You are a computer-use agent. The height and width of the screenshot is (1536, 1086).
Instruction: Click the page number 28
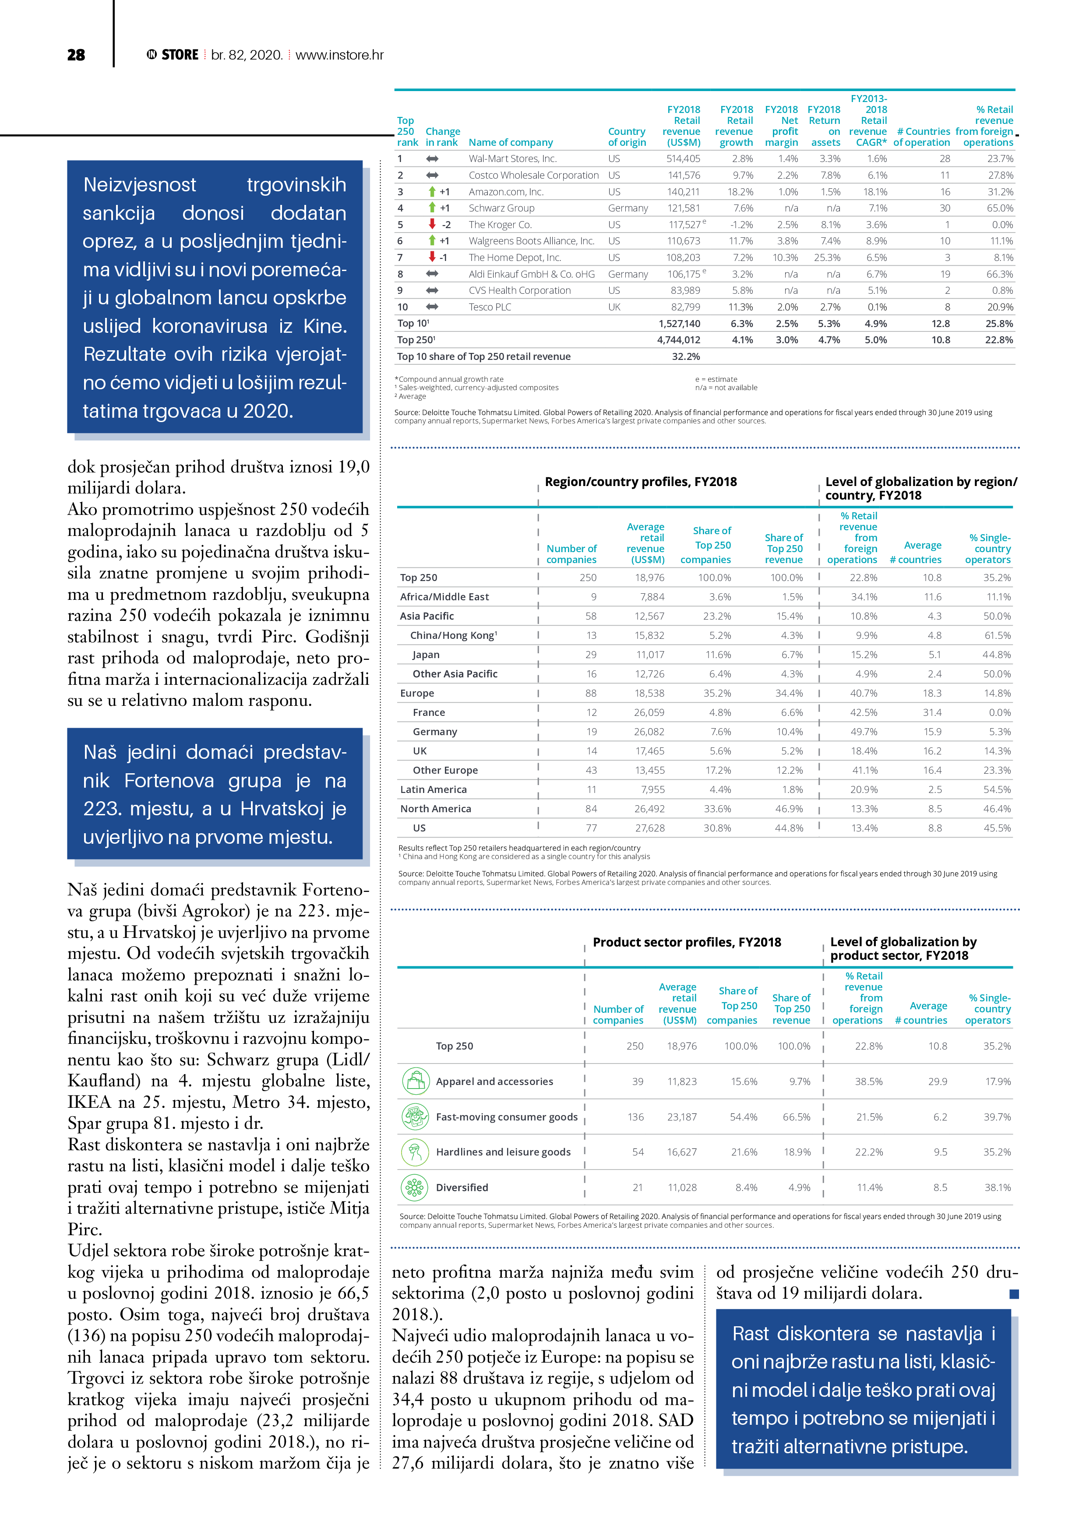[x=76, y=55]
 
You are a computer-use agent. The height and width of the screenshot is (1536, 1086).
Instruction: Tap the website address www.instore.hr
[x=339, y=55]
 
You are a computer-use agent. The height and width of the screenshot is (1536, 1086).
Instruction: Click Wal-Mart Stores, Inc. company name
[x=512, y=159]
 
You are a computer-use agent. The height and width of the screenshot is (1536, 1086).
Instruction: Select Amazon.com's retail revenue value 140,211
[x=683, y=191]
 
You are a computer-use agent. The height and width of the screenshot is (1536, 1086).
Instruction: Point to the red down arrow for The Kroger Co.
[x=432, y=224]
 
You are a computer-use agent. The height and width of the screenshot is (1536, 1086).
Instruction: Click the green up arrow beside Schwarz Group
[x=432, y=208]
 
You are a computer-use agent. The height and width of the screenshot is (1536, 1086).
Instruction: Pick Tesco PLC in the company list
[x=490, y=307]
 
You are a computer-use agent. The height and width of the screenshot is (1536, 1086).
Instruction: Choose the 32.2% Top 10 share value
[x=685, y=356]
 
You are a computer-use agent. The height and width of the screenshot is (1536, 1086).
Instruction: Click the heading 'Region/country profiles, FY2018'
[x=640, y=482]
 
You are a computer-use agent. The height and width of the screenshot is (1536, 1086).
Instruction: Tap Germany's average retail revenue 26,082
[x=649, y=732]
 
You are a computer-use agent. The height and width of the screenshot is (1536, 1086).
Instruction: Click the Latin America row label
[x=433, y=789]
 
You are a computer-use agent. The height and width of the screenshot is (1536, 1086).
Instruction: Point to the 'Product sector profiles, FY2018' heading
[x=687, y=942]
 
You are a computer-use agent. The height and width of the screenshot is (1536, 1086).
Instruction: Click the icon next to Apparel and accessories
[x=415, y=1081]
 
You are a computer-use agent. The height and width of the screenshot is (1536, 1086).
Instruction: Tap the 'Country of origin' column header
[x=626, y=137]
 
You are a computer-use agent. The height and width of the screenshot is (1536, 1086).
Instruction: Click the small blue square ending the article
[x=1014, y=1294]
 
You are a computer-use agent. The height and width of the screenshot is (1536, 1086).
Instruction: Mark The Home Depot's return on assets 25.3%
[x=827, y=257]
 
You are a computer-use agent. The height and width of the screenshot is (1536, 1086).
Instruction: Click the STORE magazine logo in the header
[x=173, y=55]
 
